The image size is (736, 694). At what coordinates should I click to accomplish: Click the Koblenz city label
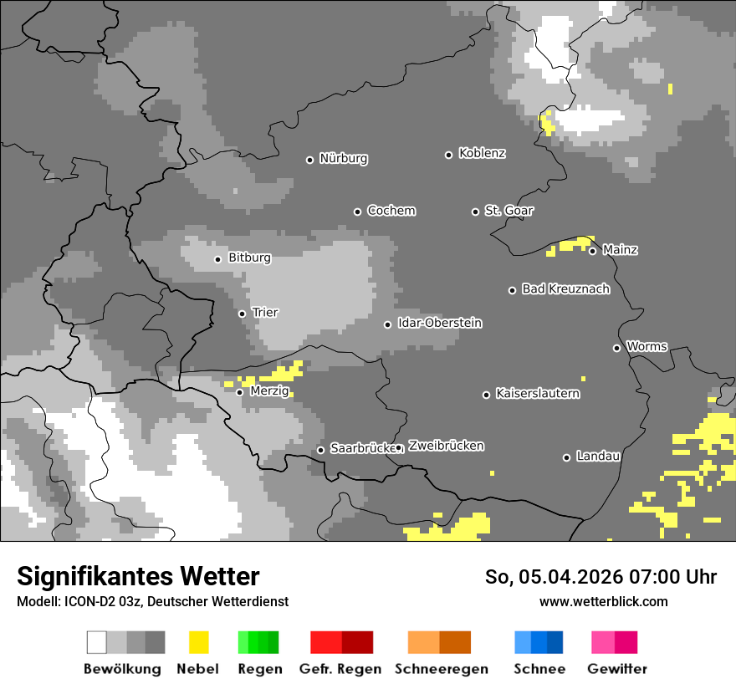[x=482, y=153]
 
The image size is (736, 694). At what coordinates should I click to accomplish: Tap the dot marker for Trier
[x=243, y=314]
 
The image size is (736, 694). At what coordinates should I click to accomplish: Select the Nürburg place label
[x=343, y=158]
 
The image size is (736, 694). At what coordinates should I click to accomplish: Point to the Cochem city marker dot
[x=357, y=212]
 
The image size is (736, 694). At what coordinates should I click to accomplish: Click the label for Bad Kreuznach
[x=565, y=288]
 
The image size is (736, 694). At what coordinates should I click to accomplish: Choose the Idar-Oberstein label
[x=439, y=323]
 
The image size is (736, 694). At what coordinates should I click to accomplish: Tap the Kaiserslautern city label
[x=537, y=393]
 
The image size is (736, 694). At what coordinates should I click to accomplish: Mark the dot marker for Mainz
[x=592, y=251]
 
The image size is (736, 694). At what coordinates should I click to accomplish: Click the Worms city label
[x=647, y=346]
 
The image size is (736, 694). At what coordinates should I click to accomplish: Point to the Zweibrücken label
[x=446, y=446]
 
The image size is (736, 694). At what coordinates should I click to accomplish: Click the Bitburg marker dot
[x=217, y=259]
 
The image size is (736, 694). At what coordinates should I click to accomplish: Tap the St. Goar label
[x=509, y=210]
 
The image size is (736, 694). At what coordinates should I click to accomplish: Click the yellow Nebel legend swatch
[x=198, y=642]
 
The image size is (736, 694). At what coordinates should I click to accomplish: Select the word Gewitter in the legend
[x=616, y=669]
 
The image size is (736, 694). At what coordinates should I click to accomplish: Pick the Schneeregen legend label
[x=441, y=669]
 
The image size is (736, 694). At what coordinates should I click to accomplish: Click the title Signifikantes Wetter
[x=138, y=576]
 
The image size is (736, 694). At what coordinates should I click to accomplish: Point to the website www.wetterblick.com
[x=603, y=601]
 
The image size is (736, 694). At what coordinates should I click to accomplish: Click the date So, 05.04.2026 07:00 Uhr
[x=601, y=577]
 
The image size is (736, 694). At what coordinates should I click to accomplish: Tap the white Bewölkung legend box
[x=97, y=642]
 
